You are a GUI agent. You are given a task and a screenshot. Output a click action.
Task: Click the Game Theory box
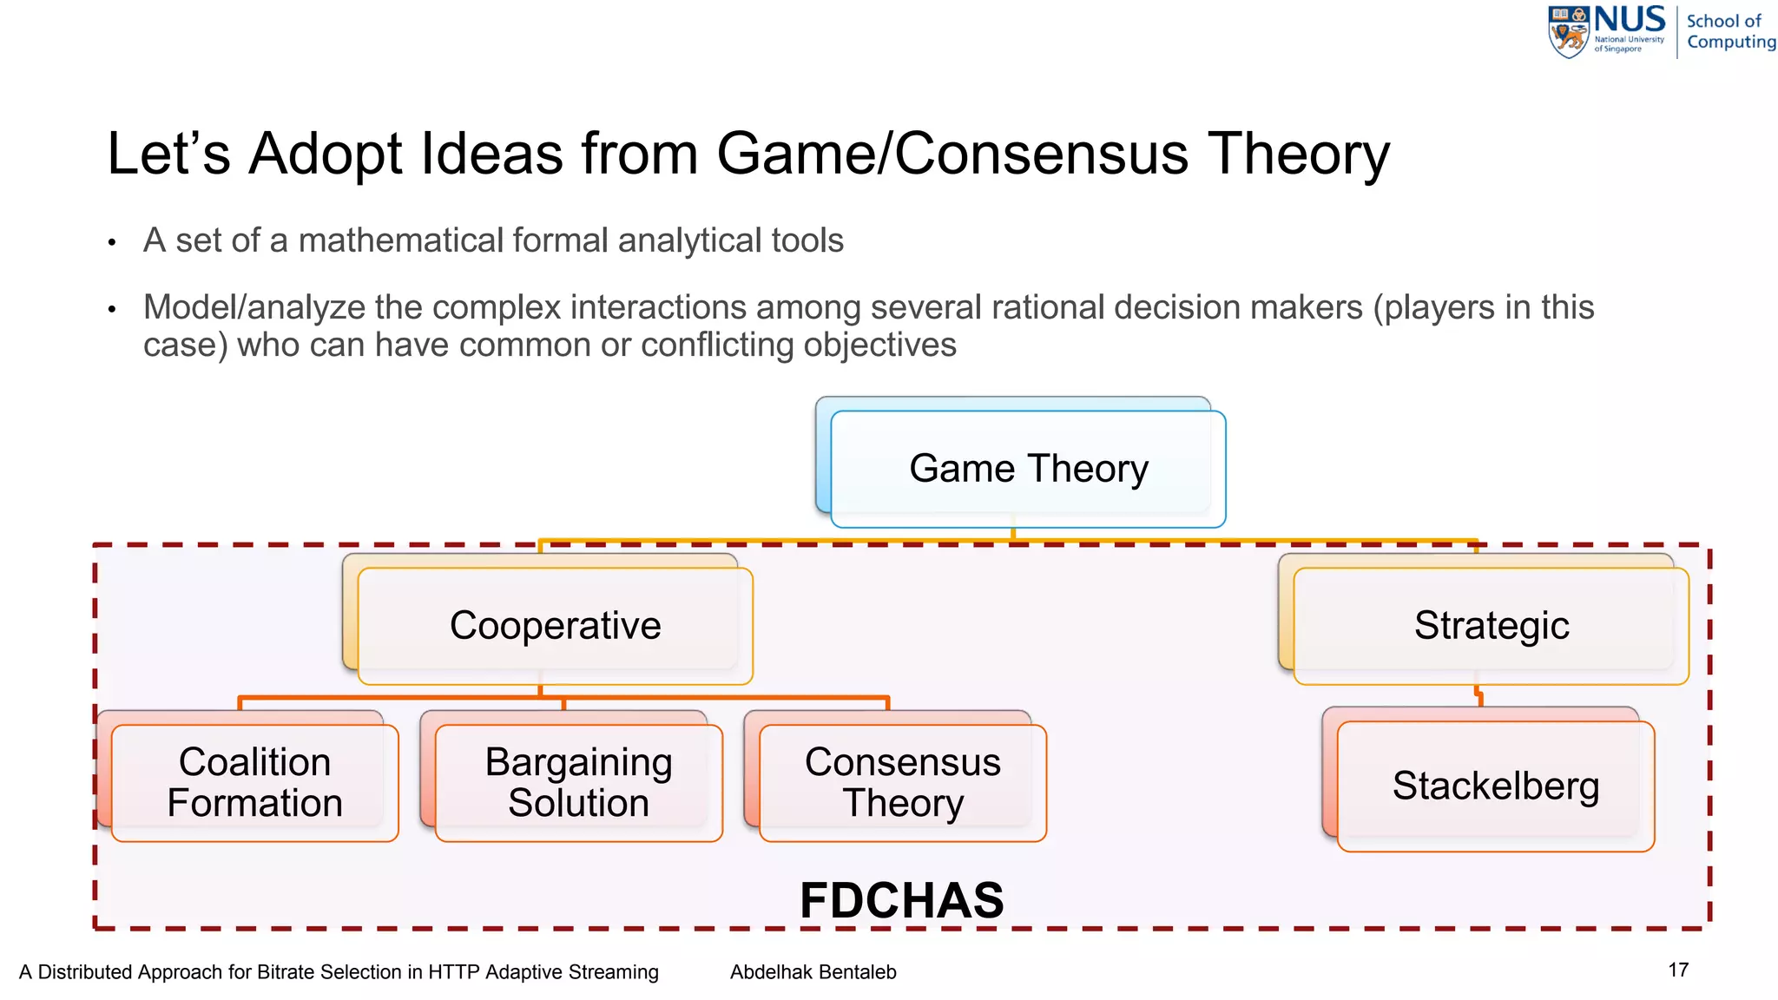pyautogui.click(x=1028, y=469)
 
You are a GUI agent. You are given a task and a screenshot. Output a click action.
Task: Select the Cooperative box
pyautogui.click(x=555, y=626)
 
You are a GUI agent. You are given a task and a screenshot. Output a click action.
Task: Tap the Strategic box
pyautogui.click(x=1491, y=626)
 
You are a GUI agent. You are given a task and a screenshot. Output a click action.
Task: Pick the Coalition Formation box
pyautogui.click(x=254, y=782)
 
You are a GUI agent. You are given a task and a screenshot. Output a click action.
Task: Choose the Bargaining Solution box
pyautogui.click(x=578, y=782)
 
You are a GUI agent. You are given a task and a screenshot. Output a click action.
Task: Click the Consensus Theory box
pyautogui.click(x=902, y=782)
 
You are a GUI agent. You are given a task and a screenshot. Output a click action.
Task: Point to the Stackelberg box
pyautogui.click(x=1495, y=786)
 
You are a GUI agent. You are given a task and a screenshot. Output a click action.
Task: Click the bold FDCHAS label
pyautogui.click(x=901, y=900)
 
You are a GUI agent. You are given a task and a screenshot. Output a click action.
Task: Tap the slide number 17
pyautogui.click(x=1678, y=970)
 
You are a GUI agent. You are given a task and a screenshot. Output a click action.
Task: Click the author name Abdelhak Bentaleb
pyautogui.click(x=813, y=972)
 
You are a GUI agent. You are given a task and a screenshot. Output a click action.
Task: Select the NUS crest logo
pyautogui.click(x=1569, y=33)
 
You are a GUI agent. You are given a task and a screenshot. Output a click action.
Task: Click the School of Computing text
pyautogui.click(x=1729, y=31)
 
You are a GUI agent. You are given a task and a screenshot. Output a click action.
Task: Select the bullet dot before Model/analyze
pyautogui.click(x=112, y=309)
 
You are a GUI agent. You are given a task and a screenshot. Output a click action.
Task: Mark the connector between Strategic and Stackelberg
pyautogui.click(x=1478, y=697)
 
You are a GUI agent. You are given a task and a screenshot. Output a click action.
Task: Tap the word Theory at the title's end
pyautogui.click(x=1299, y=155)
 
